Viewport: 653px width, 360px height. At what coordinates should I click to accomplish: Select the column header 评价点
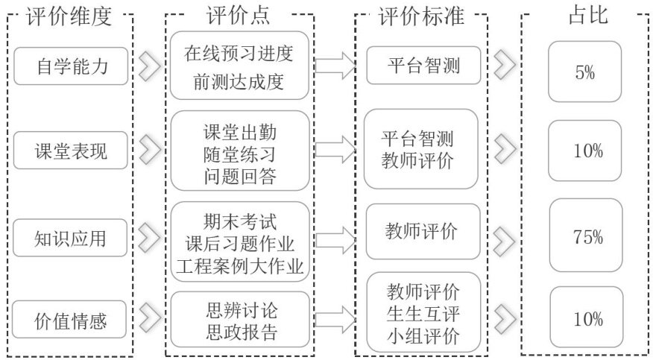pyautogui.click(x=238, y=16)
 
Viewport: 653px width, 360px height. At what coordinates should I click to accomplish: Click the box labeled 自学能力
pyautogui.click(x=72, y=66)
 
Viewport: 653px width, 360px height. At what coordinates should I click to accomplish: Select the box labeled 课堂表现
pyautogui.click(x=72, y=152)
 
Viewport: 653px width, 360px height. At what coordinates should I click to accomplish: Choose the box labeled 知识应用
pyautogui.click(x=72, y=239)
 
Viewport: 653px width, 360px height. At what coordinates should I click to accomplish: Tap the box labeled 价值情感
pyautogui.click(x=72, y=321)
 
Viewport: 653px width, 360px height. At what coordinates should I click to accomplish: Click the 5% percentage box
pyautogui.click(x=584, y=72)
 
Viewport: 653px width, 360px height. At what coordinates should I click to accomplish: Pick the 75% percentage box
pyautogui.click(x=584, y=238)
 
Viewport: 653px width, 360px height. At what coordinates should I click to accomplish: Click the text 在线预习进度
pyautogui.click(x=238, y=54)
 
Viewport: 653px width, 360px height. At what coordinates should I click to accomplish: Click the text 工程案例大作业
pyautogui.click(x=238, y=266)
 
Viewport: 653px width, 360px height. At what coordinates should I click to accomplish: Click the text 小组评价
pyautogui.click(x=422, y=335)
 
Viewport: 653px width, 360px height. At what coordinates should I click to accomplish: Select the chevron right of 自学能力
pyautogui.click(x=149, y=66)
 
